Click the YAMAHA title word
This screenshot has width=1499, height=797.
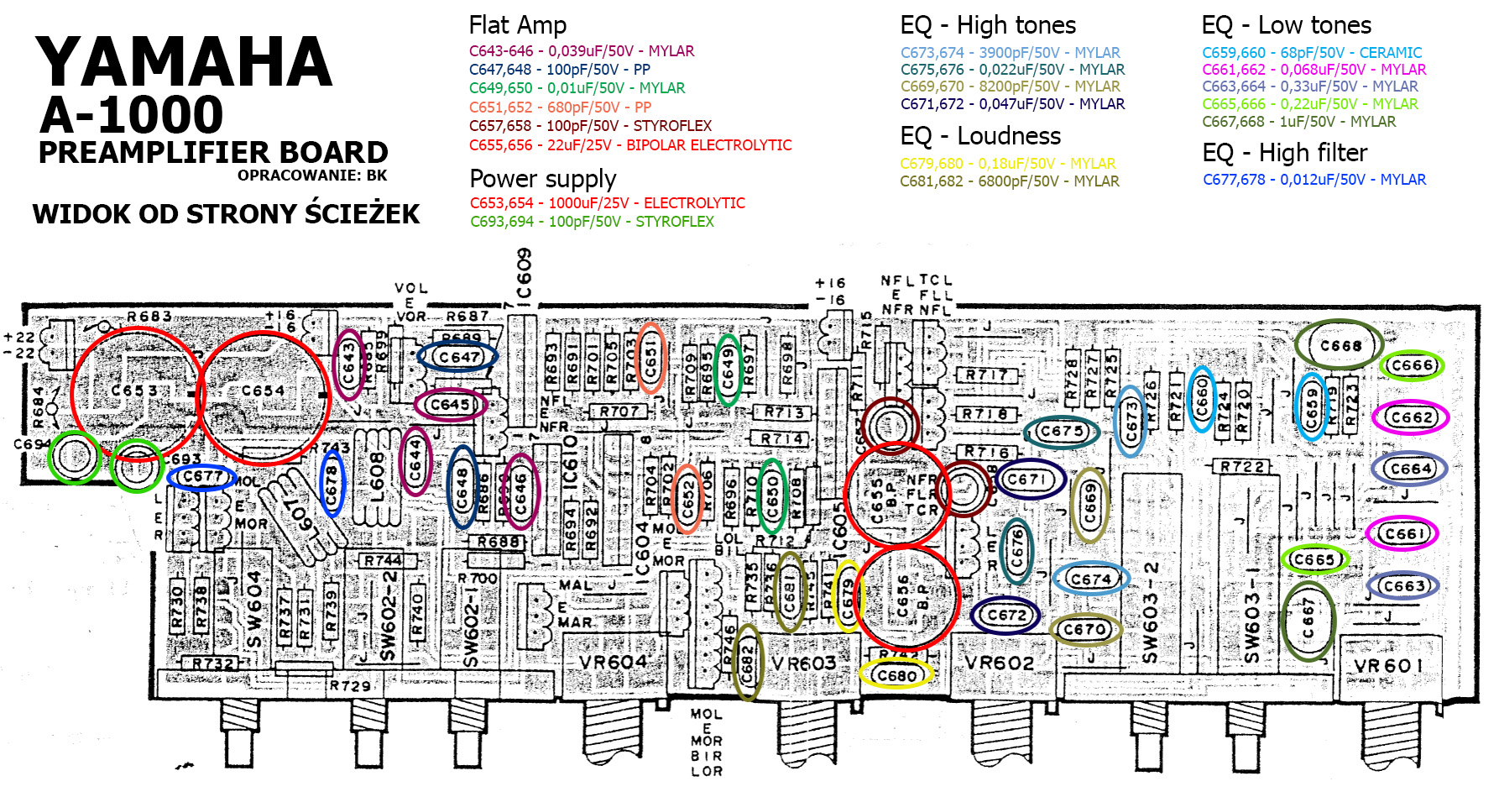click(x=184, y=62)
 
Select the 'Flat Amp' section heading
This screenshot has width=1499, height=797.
click(x=517, y=25)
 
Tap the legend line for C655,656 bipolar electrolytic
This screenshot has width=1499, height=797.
click(x=629, y=145)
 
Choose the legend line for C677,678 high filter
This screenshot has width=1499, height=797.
click(x=1314, y=180)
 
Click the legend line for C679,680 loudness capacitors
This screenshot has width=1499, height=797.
click(x=1007, y=164)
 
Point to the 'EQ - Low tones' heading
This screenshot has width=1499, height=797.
click(x=1286, y=25)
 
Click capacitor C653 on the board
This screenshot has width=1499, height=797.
click(x=135, y=391)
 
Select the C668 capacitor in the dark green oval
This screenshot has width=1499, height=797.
click(x=1340, y=345)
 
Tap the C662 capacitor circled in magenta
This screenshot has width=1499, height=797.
click(x=1410, y=417)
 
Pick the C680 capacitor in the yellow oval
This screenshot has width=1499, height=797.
click(x=896, y=674)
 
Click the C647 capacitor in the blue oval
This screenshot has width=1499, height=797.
click(x=457, y=357)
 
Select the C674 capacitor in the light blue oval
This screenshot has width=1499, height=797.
click(x=1090, y=579)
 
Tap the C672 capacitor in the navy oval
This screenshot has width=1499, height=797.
click(x=1006, y=615)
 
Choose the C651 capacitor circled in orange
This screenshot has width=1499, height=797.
click(x=650, y=358)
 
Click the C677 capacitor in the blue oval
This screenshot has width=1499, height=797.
click(x=201, y=477)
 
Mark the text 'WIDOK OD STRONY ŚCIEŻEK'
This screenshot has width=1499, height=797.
click(x=226, y=214)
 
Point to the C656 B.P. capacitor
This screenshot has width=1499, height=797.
click(x=906, y=596)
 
